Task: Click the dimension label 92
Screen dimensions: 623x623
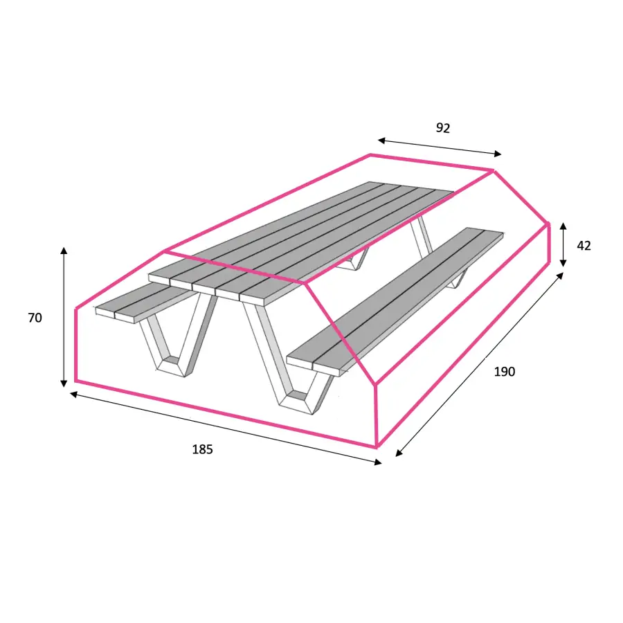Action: (443, 128)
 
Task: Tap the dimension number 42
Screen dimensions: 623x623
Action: (584, 246)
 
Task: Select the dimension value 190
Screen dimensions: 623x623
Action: (504, 372)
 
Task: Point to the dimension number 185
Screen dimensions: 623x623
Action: (203, 449)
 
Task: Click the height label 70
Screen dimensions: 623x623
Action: (35, 318)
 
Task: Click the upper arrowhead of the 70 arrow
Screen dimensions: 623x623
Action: (64, 251)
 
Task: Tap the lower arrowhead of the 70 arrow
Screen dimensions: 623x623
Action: (64, 383)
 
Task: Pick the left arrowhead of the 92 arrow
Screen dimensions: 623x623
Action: (381, 141)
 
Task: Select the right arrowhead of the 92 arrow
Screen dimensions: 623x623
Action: (498, 154)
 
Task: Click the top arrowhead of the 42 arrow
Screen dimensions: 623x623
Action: (563, 226)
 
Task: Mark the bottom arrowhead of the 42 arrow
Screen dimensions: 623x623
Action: (563, 263)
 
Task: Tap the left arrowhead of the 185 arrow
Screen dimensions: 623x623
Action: (73, 394)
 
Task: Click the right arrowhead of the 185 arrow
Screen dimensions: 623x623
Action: (378, 462)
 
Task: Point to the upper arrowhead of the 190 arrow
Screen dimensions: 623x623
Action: (560, 275)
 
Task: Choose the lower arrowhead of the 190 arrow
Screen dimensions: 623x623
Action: (399, 453)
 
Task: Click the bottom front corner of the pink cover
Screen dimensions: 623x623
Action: (377, 446)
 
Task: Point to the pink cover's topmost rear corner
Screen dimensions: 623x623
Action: (370, 155)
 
